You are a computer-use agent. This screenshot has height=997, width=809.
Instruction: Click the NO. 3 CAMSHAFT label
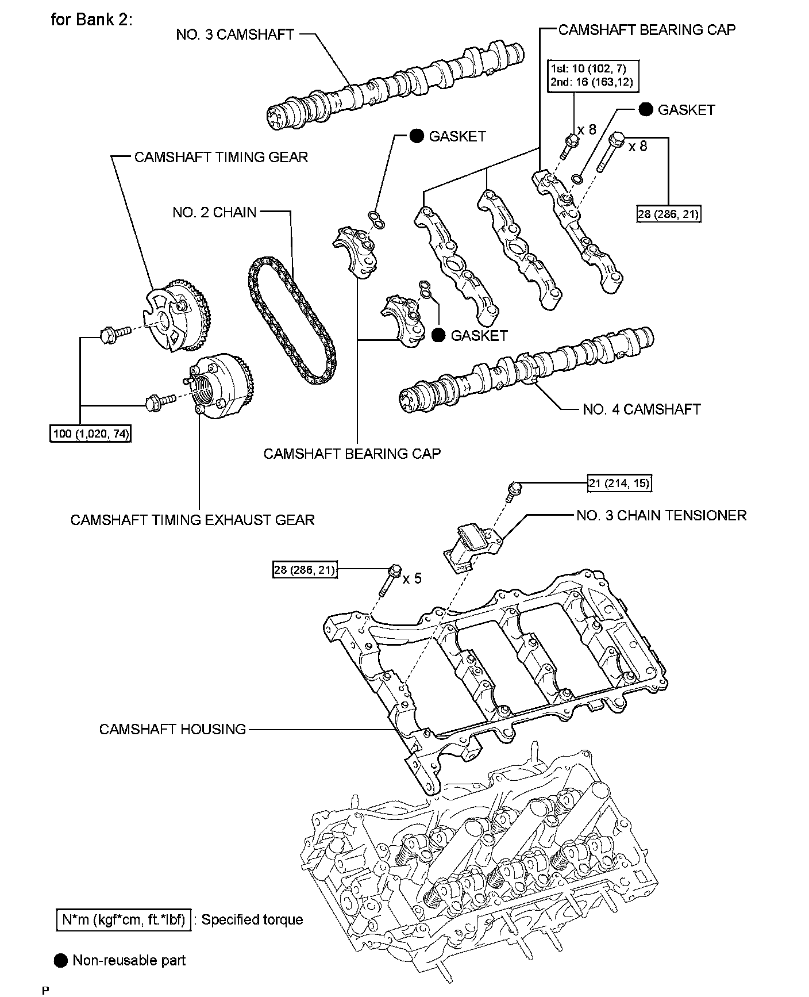click(x=235, y=34)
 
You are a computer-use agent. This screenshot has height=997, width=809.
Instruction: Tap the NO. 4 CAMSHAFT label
click(x=641, y=409)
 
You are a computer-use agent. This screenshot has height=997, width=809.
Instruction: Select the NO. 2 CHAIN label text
click(x=214, y=213)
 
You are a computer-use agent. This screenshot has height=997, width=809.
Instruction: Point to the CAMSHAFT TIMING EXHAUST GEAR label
click(x=192, y=520)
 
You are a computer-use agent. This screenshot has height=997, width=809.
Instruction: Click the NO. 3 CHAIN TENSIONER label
click(x=661, y=515)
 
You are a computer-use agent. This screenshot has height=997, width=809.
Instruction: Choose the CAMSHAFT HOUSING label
click(x=172, y=730)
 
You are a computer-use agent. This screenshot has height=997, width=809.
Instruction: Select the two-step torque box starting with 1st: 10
click(x=591, y=75)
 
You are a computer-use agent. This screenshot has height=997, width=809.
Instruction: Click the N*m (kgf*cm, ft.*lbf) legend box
click(x=124, y=921)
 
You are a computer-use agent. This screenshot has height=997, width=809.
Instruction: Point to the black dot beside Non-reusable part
click(x=60, y=960)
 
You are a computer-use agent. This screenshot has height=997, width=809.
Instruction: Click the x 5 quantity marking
click(x=412, y=578)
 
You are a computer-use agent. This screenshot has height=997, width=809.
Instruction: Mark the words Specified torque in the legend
click(x=252, y=920)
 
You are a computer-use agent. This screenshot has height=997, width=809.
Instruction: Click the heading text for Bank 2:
click(x=92, y=20)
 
